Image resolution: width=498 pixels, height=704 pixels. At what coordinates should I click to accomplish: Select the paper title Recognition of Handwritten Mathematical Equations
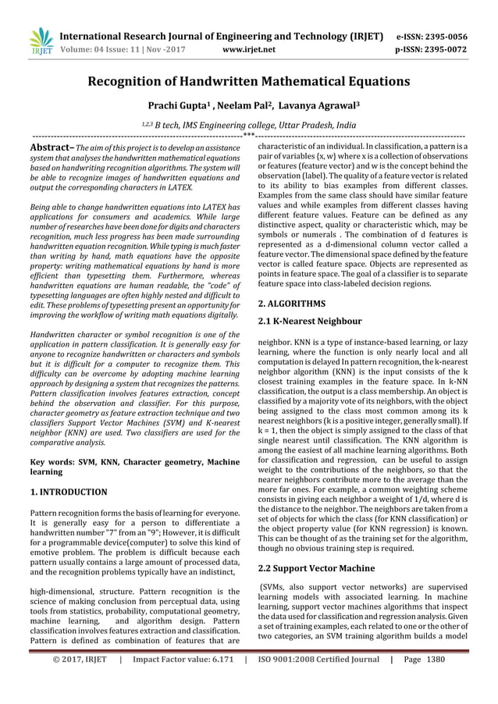(248, 81)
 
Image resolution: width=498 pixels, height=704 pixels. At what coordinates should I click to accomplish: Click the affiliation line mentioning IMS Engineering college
(248, 125)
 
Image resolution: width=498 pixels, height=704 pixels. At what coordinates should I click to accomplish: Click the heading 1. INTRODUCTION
(68, 492)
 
